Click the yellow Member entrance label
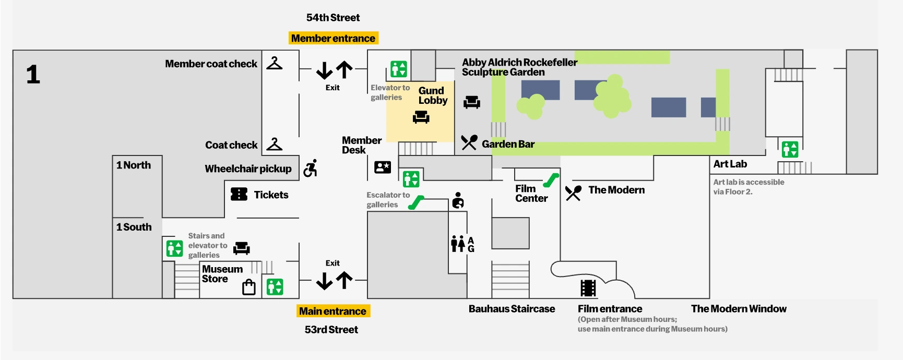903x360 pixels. [x=333, y=38]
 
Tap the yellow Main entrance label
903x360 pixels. [x=333, y=311]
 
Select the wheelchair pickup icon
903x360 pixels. [x=311, y=168]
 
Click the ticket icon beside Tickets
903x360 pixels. [x=239, y=194]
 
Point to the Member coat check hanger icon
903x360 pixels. [x=274, y=64]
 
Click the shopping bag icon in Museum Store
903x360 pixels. [x=249, y=287]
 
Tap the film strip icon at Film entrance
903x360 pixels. [x=588, y=288]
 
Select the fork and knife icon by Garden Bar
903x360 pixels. [x=469, y=142]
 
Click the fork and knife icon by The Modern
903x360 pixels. [x=573, y=193]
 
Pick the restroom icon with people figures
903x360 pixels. [x=458, y=243]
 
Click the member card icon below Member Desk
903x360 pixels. [x=383, y=167]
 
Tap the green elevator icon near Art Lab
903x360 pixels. [x=790, y=149]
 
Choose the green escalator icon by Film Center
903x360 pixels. [x=551, y=180]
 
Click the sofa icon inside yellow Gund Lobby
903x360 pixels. [x=421, y=117]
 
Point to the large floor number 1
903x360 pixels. [x=33, y=75]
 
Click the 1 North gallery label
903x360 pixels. [x=134, y=165]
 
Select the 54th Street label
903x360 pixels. [x=333, y=17]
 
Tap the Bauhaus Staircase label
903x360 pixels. [x=512, y=308]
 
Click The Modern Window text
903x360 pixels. [x=738, y=308]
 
